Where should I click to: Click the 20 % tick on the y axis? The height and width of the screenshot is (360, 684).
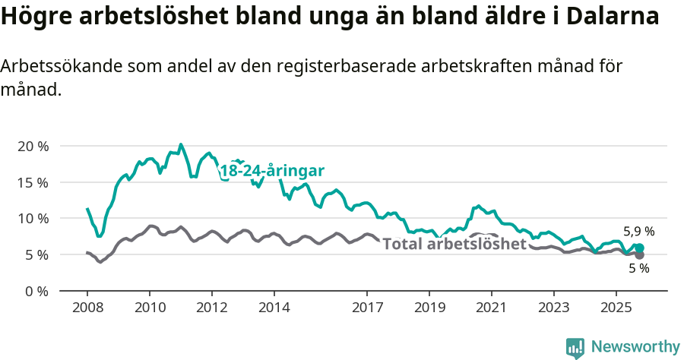[32, 146]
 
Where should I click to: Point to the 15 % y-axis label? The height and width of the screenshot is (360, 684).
[32, 182]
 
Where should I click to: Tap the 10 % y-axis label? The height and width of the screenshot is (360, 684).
[32, 218]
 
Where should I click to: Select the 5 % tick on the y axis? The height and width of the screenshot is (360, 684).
[36, 254]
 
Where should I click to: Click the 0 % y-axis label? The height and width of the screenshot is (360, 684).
[36, 291]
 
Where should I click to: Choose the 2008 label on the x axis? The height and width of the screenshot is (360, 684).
[87, 308]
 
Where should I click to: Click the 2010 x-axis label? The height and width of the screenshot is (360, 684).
[150, 308]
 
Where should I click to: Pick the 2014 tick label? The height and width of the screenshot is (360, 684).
[274, 308]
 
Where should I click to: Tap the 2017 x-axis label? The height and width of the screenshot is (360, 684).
[367, 308]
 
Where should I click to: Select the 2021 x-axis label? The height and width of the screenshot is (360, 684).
[491, 308]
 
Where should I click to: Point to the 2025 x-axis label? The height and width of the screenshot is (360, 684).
[616, 308]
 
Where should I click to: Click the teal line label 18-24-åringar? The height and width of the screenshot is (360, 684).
[272, 171]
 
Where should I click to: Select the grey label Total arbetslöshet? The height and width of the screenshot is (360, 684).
[454, 244]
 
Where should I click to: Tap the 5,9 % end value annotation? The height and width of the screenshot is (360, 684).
[638, 232]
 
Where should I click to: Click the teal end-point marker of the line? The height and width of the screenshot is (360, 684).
[640, 248]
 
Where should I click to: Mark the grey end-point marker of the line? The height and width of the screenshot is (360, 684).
[640, 255]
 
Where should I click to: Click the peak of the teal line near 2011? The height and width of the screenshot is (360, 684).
[180, 144]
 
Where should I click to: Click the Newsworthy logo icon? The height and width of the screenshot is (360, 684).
[575, 347]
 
